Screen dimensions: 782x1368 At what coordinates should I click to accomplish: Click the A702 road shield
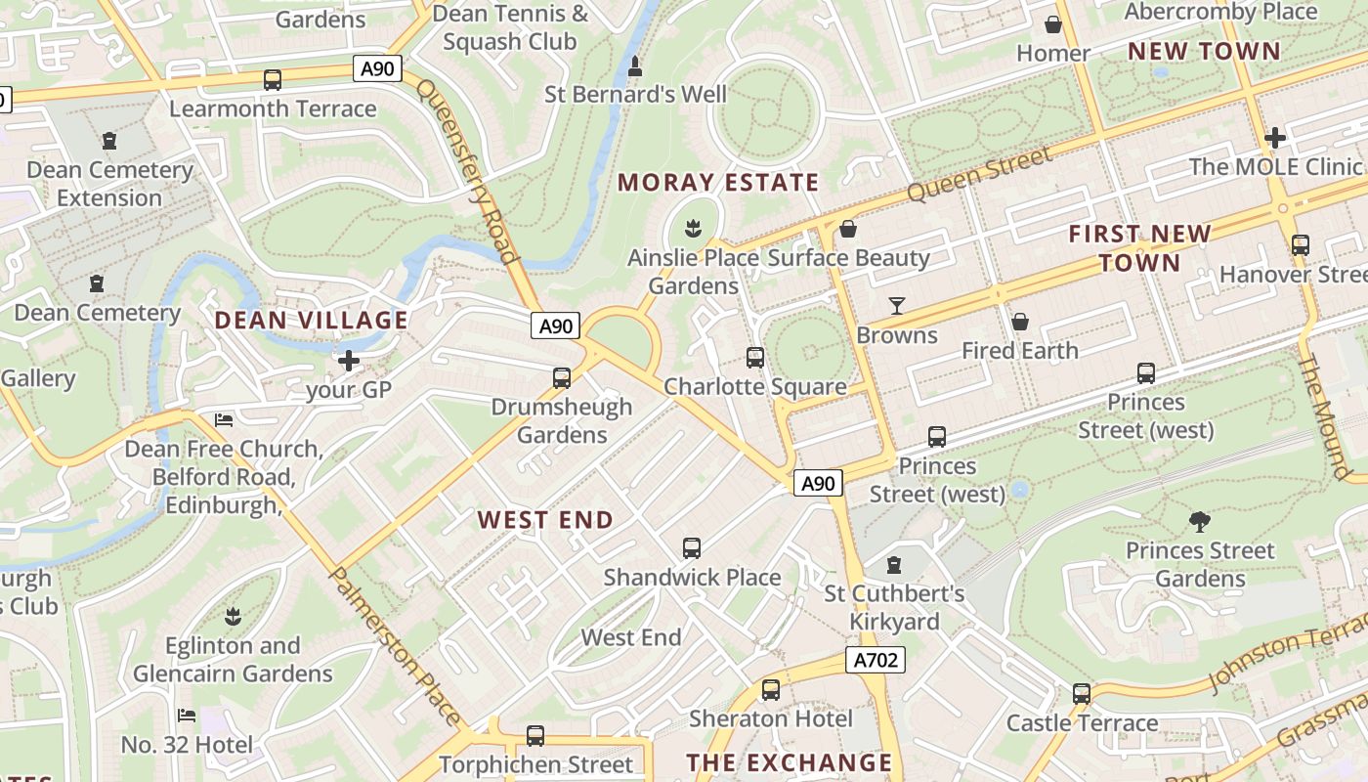coord(875,660)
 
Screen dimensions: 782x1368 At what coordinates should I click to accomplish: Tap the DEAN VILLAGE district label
coord(311,321)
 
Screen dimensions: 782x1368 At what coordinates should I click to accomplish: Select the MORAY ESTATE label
coord(717,183)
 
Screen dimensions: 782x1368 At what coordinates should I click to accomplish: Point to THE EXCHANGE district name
coord(789,762)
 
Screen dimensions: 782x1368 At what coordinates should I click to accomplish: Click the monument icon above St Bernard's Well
coord(635,67)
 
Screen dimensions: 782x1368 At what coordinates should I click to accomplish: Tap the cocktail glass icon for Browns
coord(896,306)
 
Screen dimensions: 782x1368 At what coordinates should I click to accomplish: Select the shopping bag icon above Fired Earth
coord(1019,322)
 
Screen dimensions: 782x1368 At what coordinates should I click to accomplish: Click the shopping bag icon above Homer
coord(1052,24)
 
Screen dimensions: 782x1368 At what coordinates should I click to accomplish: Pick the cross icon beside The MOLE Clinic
coord(1274,139)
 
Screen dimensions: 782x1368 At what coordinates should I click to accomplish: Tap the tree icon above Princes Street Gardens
coord(1199,522)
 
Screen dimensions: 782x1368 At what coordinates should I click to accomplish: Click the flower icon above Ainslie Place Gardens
coord(694,230)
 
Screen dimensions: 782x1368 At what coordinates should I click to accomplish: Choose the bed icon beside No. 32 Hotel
coord(187,717)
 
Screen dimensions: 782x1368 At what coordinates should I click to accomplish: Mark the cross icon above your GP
coord(348,362)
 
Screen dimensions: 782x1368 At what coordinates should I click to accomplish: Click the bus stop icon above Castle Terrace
coord(1081,694)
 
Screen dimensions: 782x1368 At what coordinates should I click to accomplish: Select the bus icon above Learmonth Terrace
coord(273,80)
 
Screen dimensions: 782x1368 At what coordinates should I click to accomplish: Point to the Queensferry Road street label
coord(467,172)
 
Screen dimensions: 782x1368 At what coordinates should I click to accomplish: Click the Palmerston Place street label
coord(396,646)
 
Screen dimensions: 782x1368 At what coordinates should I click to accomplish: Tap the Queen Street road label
coord(979,173)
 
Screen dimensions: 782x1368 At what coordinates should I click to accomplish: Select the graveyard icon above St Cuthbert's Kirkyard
coord(893,565)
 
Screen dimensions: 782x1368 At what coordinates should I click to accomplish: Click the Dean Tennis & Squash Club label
coord(510,27)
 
